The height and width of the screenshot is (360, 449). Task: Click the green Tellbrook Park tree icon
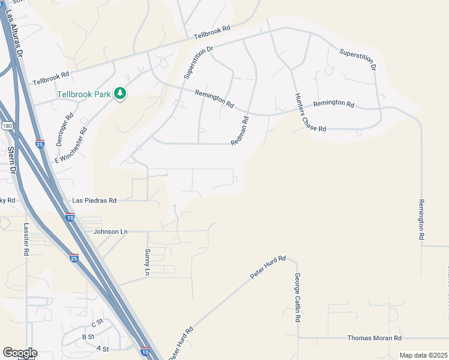[x=121, y=94]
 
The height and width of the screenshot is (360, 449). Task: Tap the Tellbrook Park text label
[x=84, y=94]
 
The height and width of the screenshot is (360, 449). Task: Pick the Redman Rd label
[x=240, y=130]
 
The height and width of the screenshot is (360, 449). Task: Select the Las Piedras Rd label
[x=94, y=200]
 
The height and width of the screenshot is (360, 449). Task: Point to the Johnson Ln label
[x=111, y=231]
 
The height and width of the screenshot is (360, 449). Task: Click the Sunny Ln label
[x=147, y=262]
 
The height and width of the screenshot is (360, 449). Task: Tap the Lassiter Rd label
[x=26, y=240]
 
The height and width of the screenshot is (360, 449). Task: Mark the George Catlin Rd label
[x=297, y=298]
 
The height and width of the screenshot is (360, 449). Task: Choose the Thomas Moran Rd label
[x=373, y=338]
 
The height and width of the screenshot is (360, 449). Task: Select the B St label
[x=88, y=337]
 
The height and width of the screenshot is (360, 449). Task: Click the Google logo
[x=20, y=353]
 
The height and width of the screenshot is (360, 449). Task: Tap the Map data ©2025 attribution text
[x=423, y=355]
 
